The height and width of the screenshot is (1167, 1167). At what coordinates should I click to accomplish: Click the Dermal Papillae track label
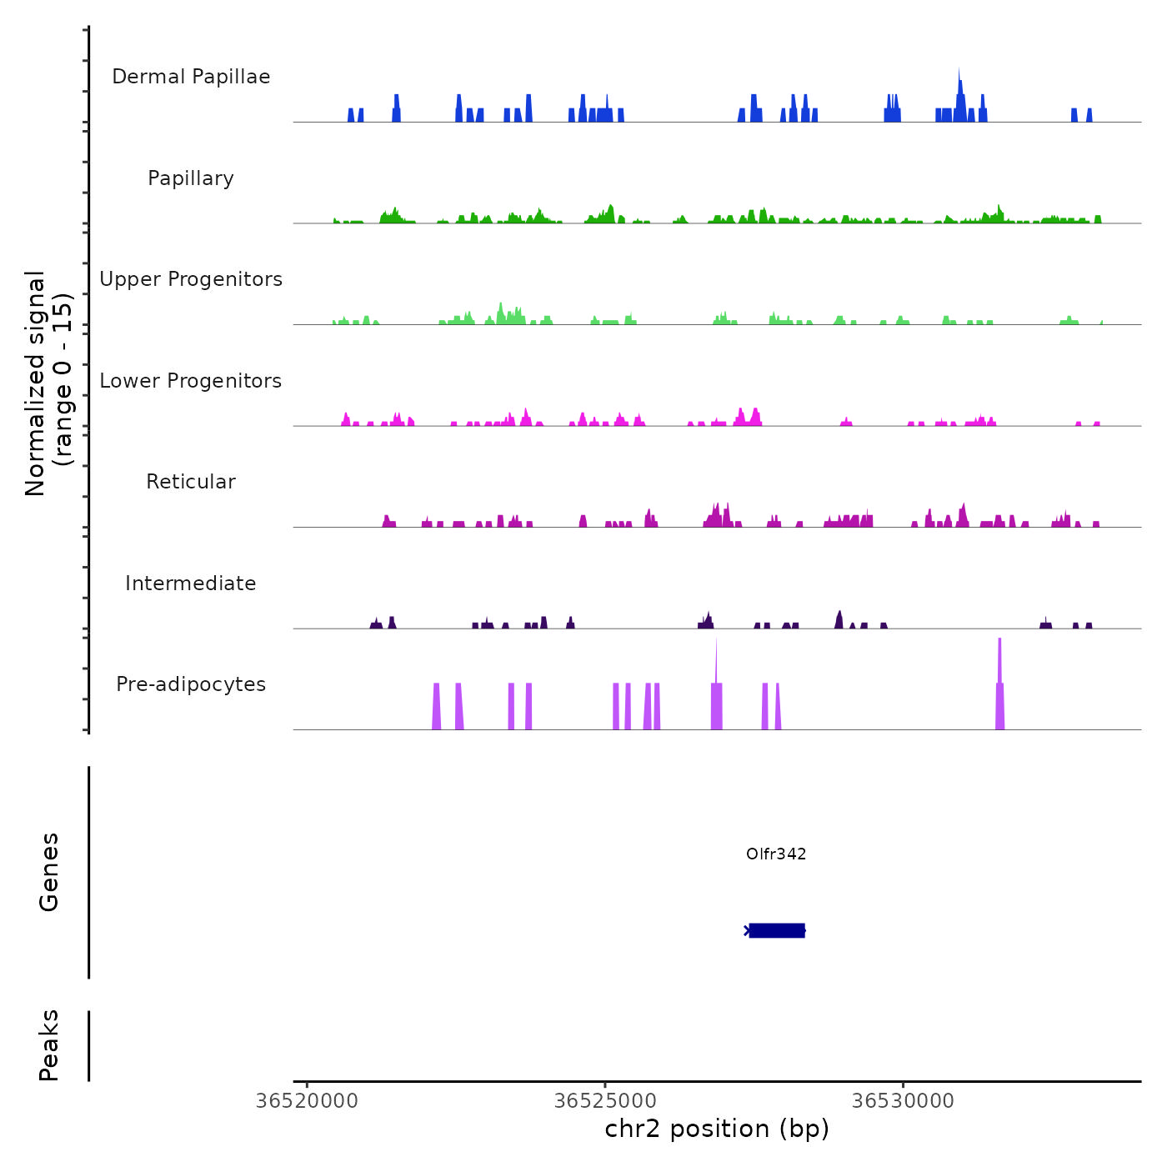pyautogui.click(x=191, y=77)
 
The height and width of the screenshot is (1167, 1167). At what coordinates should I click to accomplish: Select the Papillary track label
pyautogui.click(x=191, y=178)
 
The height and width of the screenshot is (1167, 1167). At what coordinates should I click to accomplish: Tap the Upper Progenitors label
pyautogui.click(x=191, y=279)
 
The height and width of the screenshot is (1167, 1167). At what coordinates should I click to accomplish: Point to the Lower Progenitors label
pyautogui.click(x=191, y=381)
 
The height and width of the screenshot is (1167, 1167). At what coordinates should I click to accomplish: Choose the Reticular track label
pyautogui.click(x=191, y=482)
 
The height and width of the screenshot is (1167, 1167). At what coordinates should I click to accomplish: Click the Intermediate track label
pyautogui.click(x=191, y=583)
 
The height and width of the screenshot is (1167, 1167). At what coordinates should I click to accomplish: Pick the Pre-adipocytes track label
pyautogui.click(x=191, y=684)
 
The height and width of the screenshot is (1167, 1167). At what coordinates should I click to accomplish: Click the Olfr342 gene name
pyautogui.click(x=776, y=854)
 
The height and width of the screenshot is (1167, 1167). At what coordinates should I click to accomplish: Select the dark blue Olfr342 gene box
pyautogui.click(x=777, y=930)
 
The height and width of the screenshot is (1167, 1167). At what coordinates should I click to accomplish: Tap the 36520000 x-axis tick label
pyautogui.click(x=307, y=1100)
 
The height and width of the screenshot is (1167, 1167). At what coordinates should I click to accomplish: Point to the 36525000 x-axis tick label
pyautogui.click(x=605, y=1100)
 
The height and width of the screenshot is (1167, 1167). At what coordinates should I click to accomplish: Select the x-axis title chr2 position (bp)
pyautogui.click(x=717, y=1129)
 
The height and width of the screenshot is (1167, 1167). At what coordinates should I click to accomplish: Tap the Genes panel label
pyautogui.click(x=49, y=872)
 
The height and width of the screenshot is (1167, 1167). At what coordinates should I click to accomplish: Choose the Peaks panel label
pyautogui.click(x=49, y=1045)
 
